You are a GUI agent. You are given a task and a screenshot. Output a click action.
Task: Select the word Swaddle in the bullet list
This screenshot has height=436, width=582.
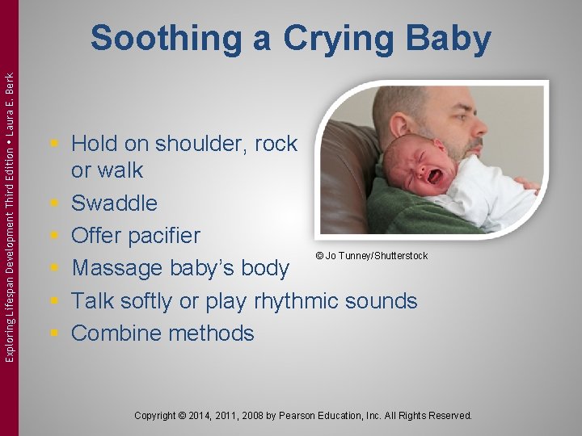114,203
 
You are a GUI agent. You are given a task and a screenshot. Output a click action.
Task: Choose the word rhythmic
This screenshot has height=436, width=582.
298,301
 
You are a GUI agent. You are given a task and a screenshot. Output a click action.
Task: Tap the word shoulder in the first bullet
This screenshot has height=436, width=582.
188,144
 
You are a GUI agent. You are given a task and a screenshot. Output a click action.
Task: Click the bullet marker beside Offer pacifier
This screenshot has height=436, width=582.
54,236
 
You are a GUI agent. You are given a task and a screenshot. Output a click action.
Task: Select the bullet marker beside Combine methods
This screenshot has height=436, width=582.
54,333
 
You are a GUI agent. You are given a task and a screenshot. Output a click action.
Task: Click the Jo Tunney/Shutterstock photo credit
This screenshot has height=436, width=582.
371,256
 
